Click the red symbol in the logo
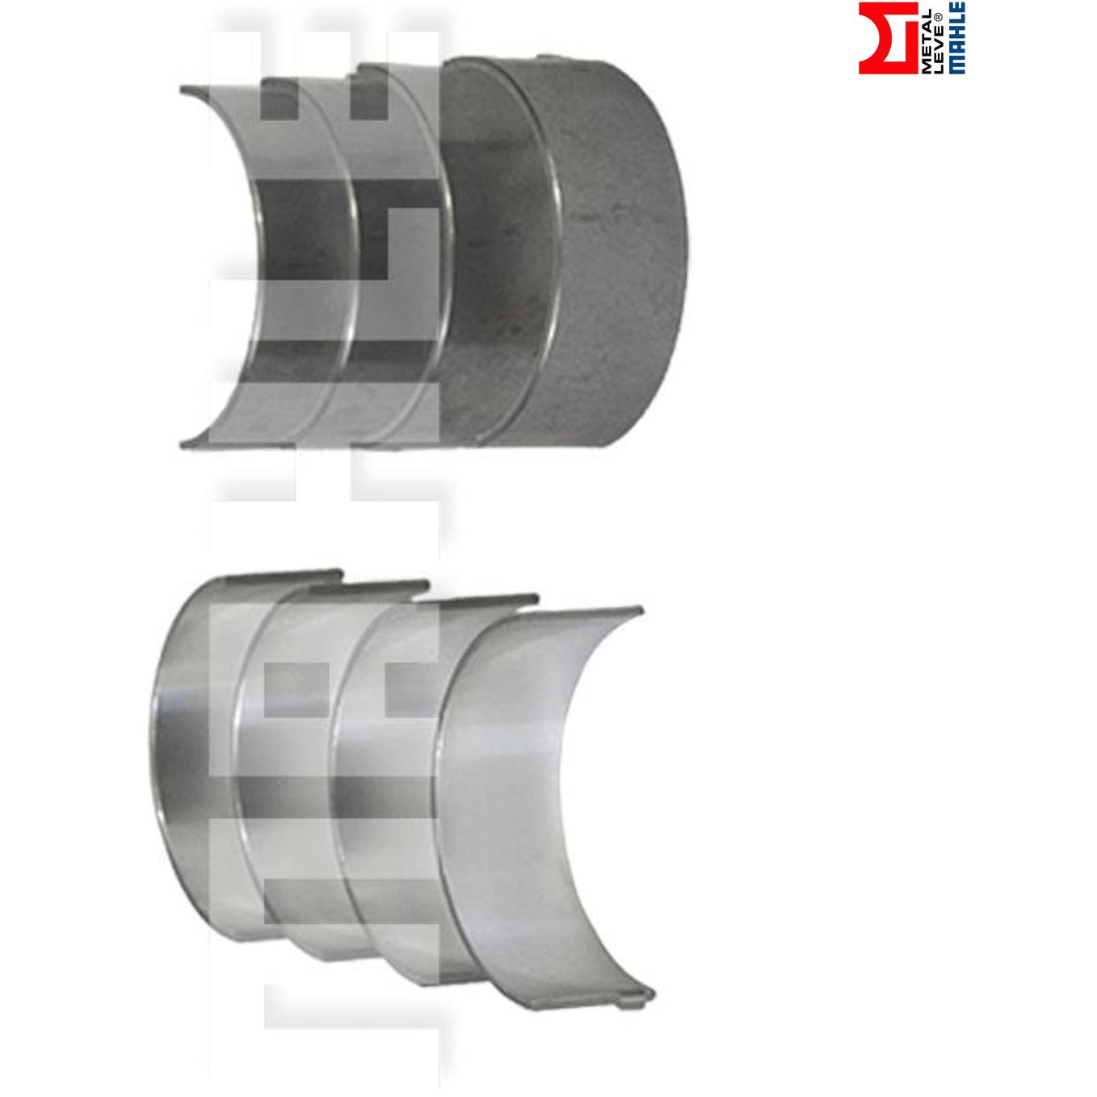[888, 38]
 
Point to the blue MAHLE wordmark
[957, 38]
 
